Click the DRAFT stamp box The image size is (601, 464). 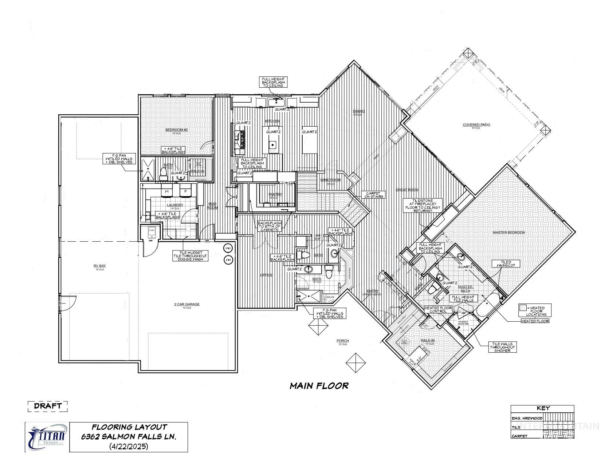pos(48,406)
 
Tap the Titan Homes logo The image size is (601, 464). pos(47,437)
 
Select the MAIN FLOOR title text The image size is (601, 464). pos(319,385)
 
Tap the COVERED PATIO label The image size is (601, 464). pos(476,125)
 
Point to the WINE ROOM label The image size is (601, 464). pos(330,180)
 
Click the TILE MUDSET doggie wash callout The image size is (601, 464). pos(190,256)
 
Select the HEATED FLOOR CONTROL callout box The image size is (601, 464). pos(438,309)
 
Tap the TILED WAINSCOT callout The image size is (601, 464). pos(503,264)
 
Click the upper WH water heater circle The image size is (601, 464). pos(228,248)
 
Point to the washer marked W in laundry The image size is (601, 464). pos(166,191)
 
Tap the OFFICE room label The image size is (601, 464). pos(266,275)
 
